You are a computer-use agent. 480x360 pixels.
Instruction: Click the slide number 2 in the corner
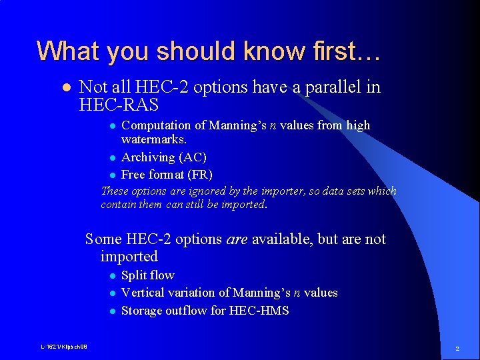click(x=457, y=349)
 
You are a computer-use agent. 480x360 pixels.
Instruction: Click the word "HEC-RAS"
click(x=119, y=105)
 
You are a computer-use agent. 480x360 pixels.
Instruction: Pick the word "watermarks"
click(x=153, y=140)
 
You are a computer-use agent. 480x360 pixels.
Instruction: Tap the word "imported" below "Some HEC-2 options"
click(x=129, y=257)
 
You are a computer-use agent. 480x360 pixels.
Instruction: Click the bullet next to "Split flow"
click(x=113, y=276)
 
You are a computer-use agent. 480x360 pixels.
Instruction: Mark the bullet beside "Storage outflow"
click(x=113, y=311)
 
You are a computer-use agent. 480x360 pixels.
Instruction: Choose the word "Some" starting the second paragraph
click(x=103, y=239)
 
